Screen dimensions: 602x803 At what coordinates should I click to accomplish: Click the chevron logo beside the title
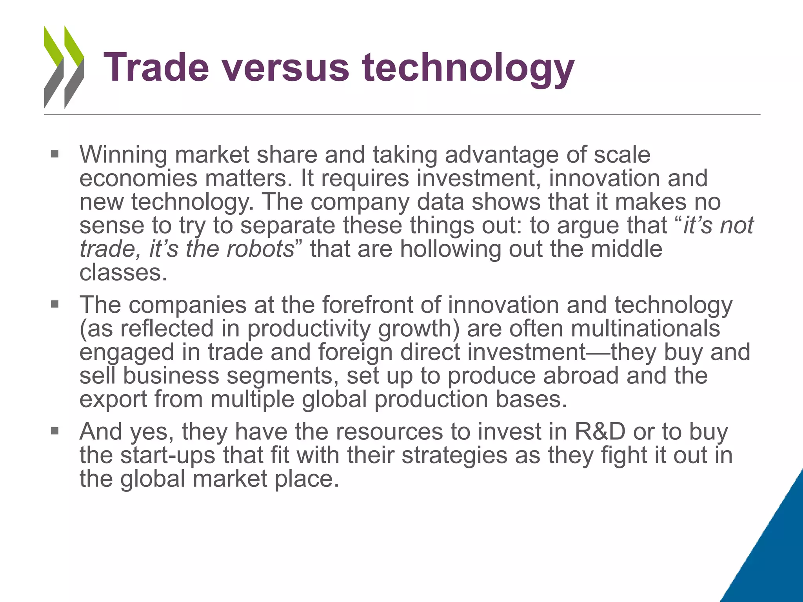point(64,67)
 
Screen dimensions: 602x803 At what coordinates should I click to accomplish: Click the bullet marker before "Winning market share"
point(55,154)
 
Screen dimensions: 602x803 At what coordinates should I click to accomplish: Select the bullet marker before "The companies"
point(55,304)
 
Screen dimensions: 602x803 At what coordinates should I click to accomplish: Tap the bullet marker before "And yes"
point(55,431)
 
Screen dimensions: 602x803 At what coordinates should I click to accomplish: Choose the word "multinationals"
point(645,328)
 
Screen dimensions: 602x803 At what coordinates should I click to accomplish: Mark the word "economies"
point(138,179)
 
